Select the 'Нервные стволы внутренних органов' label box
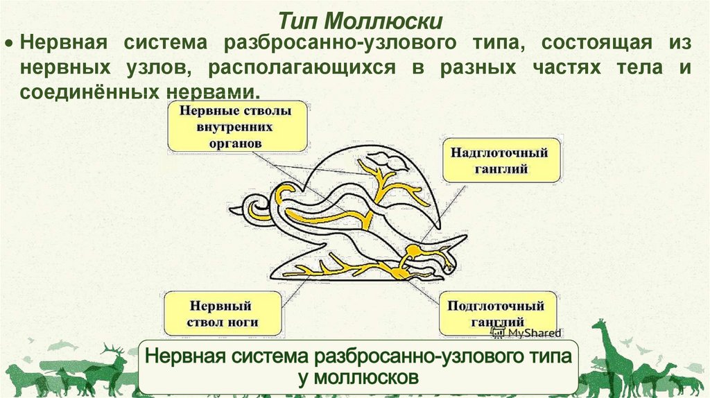click(237, 128)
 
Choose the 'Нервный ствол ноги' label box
click(223, 314)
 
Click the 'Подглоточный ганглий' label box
click(496, 314)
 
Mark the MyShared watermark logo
click(526, 333)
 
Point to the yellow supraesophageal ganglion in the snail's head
click(413, 248)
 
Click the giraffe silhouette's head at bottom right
click(600, 327)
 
